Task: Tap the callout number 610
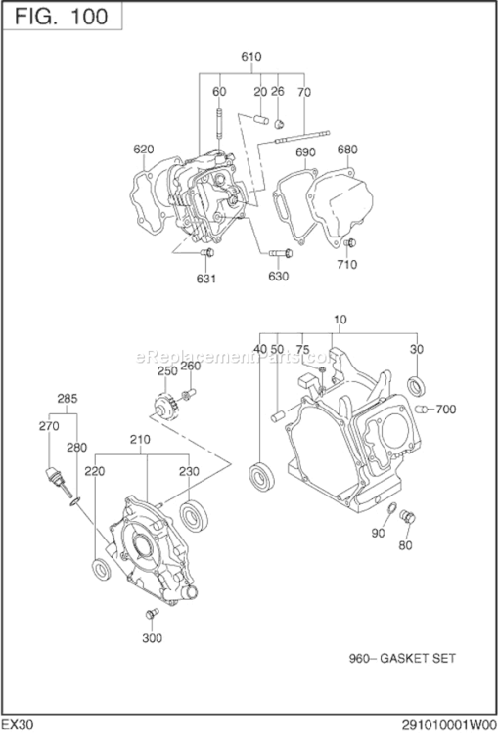click(x=251, y=57)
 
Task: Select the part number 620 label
click(x=144, y=150)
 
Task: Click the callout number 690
click(x=305, y=152)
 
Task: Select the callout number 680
click(x=346, y=150)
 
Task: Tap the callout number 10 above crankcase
click(x=340, y=321)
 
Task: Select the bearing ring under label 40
click(x=261, y=474)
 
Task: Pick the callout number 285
click(x=67, y=399)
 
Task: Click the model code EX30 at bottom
click(x=19, y=723)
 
